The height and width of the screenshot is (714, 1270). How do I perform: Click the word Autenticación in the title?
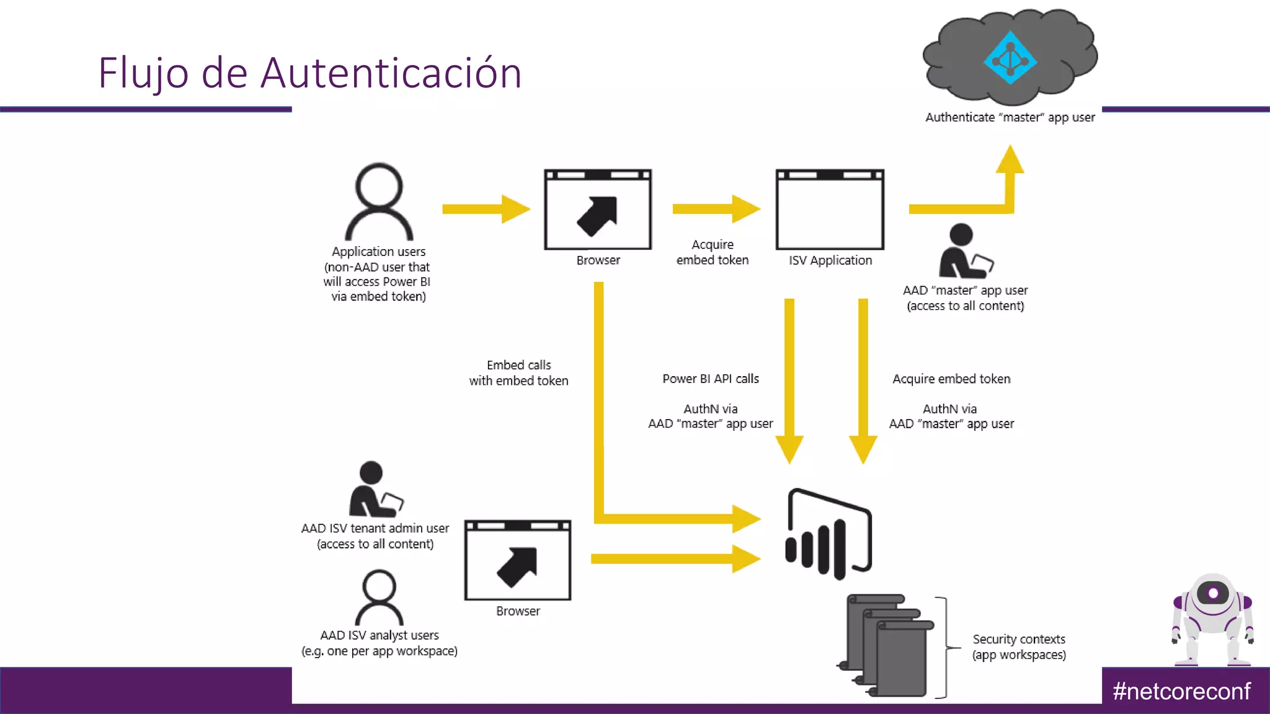tap(391, 73)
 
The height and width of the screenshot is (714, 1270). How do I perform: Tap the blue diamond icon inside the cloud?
tap(1010, 58)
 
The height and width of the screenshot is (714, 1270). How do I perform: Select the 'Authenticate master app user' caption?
tap(1010, 117)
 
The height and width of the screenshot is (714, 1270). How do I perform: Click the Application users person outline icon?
tap(379, 202)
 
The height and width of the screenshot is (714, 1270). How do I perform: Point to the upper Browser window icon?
tap(598, 209)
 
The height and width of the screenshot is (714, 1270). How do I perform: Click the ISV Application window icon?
tap(830, 209)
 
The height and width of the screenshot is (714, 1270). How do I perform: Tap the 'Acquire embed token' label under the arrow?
tap(712, 252)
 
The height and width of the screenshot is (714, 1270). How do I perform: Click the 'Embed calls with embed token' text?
tap(518, 372)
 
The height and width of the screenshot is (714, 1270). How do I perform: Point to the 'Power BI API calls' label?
tap(711, 379)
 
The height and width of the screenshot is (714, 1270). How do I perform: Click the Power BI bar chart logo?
tap(828, 535)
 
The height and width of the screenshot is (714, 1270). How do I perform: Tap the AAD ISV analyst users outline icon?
tap(379, 598)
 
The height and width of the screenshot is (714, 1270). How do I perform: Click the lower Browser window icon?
tap(518, 560)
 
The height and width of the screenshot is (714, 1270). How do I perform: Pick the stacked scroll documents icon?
tap(887, 645)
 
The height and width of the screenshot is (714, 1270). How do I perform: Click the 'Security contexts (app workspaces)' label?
tap(1019, 646)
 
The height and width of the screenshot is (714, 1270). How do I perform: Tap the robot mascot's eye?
tap(1213, 593)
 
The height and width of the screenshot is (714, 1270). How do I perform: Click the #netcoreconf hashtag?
tap(1181, 691)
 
